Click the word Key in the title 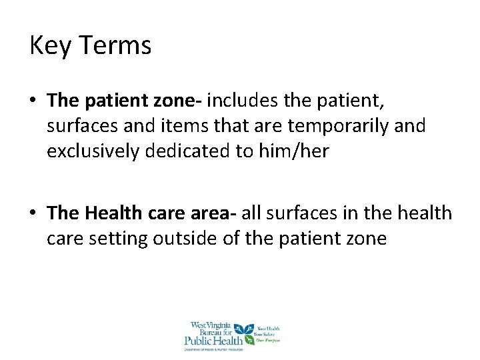click(x=49, y=46)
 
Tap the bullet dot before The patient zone click(x=33, y=101)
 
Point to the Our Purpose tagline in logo click(x=269, y=340)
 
